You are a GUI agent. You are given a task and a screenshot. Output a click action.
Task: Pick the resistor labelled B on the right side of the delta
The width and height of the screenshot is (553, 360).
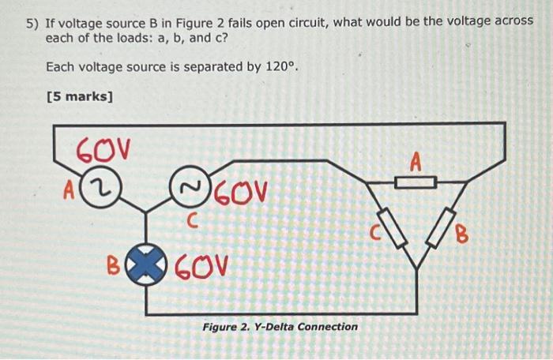pyautogui.click(x=445, y=228)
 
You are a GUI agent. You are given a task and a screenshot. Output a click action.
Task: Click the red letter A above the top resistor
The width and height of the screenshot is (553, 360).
pyautogui.click(x=416, y=162)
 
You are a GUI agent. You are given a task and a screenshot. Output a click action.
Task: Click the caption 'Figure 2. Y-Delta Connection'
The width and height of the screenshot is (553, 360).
pyautogui.click(x=280, y=327)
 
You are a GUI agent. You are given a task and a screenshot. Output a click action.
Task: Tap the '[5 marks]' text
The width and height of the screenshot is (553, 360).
pyautogui.click(x=80, y=98)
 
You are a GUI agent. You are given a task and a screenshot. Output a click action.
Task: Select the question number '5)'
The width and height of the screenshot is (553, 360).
pyautogui.click(x=32, y=22)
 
